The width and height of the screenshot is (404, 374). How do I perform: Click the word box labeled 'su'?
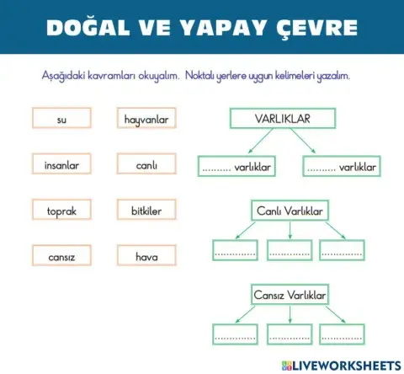pos(61,120)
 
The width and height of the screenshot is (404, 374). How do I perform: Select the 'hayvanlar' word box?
pos(146,120)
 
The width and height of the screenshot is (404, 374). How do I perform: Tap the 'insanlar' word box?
pos(61,165)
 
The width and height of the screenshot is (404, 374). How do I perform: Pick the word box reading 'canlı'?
pos(146,165)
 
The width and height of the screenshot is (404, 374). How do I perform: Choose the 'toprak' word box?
pos(61,211)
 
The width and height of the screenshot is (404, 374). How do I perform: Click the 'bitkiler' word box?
pos(146,211)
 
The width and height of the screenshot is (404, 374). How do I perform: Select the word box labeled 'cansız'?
pos(61,256)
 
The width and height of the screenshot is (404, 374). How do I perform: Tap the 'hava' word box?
pos(146,256)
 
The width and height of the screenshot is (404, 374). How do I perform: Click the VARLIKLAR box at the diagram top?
pos(282,119)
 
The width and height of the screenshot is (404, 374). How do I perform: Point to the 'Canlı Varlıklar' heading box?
pos(290,211)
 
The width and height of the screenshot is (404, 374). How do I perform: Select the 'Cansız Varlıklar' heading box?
pos(290,296)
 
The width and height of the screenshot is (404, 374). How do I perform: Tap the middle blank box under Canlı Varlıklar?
pos(290,250)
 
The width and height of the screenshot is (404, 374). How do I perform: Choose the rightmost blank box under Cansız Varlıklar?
pos(343,335)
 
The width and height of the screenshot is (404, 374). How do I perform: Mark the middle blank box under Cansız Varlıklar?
pos(290,335)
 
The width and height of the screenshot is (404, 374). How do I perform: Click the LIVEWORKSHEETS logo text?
pos(346,365)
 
